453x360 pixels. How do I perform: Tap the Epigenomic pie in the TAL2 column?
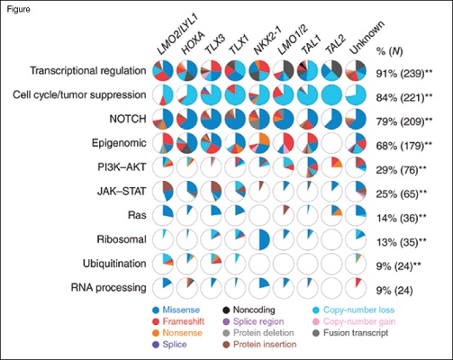pos(334,142)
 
